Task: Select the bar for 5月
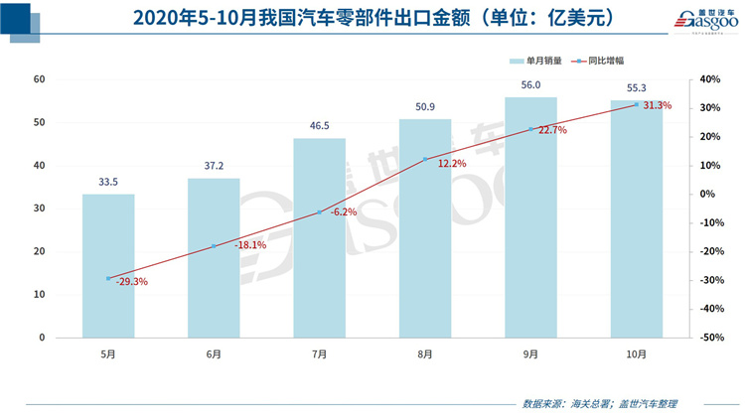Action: coord(108,265)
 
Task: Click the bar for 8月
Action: coord(425,228)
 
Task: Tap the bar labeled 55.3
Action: coord(637,218)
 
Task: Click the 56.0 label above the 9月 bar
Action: coord(530,86)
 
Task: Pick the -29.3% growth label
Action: coord(128,281)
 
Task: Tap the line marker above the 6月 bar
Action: coord(214,246)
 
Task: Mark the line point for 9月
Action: coord(530,129)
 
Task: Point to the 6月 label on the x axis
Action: coord(214,353)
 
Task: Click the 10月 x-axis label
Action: coord(637,353)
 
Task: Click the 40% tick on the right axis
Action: coord(709,79)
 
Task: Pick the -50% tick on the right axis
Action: coord(709,338)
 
